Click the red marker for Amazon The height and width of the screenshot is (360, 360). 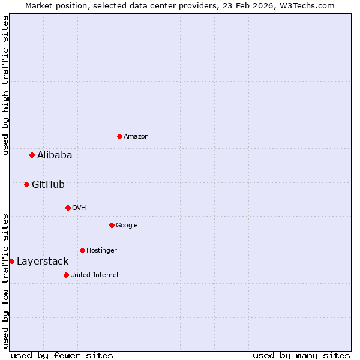click(x=119, y=136)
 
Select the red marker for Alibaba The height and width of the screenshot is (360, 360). click(x=32, y=155)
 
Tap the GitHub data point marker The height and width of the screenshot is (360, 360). click(x=26, y=184)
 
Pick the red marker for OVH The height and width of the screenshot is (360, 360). click(x=68, y=208)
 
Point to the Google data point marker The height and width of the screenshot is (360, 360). click(x=112, y=225)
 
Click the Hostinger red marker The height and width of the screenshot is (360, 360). click(x=82, y=250)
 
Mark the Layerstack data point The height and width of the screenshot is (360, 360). click(x=11, y=261)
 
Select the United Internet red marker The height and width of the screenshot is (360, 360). click(x=66, y=275)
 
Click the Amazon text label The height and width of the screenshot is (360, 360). click(x=136, y=136)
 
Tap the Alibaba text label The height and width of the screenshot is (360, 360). click(x=55, y=155)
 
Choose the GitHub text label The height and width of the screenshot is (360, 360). click(x=48, y=184)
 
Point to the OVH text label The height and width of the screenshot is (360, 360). click(x=79, y=208)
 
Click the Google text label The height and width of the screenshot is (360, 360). click(x=127, y=225)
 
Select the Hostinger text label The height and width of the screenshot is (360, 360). click(x=101, y=250)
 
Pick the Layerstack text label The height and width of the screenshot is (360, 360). click(x=43, y=261)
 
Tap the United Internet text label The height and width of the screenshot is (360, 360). click(x=95, y=275)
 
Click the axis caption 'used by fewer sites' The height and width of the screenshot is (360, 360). click(x=62, y=355)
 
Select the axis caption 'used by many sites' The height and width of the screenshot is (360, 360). click(x=301, y=355)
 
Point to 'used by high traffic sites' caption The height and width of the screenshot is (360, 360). click(x=5, y=85)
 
